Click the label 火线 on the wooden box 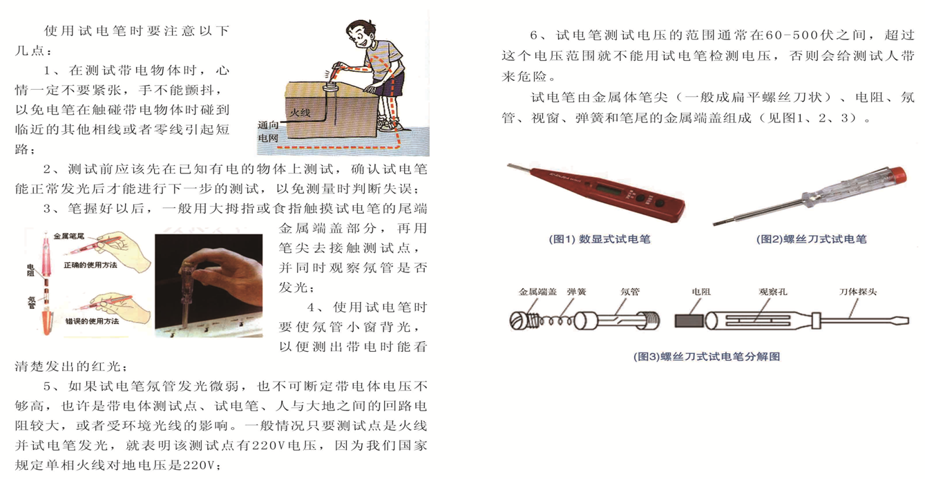click(300, 113)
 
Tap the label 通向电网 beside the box click(268, 131)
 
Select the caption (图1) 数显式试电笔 click(599, 239)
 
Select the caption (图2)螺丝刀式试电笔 click(811, 239)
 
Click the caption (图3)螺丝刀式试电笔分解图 click(707, 357)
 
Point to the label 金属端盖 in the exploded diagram click(537, 292)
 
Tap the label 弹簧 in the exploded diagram click(576, 292)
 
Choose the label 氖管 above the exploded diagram click(630, 292)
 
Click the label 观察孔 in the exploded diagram click(773, 292)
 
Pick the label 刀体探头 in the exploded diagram click(858, 292)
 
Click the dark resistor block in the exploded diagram click(689, 321)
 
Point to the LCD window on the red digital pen click(609, 189)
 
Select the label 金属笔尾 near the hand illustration click(69, 236)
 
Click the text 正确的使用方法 click(90, 265)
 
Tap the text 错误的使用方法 click(92, 321)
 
